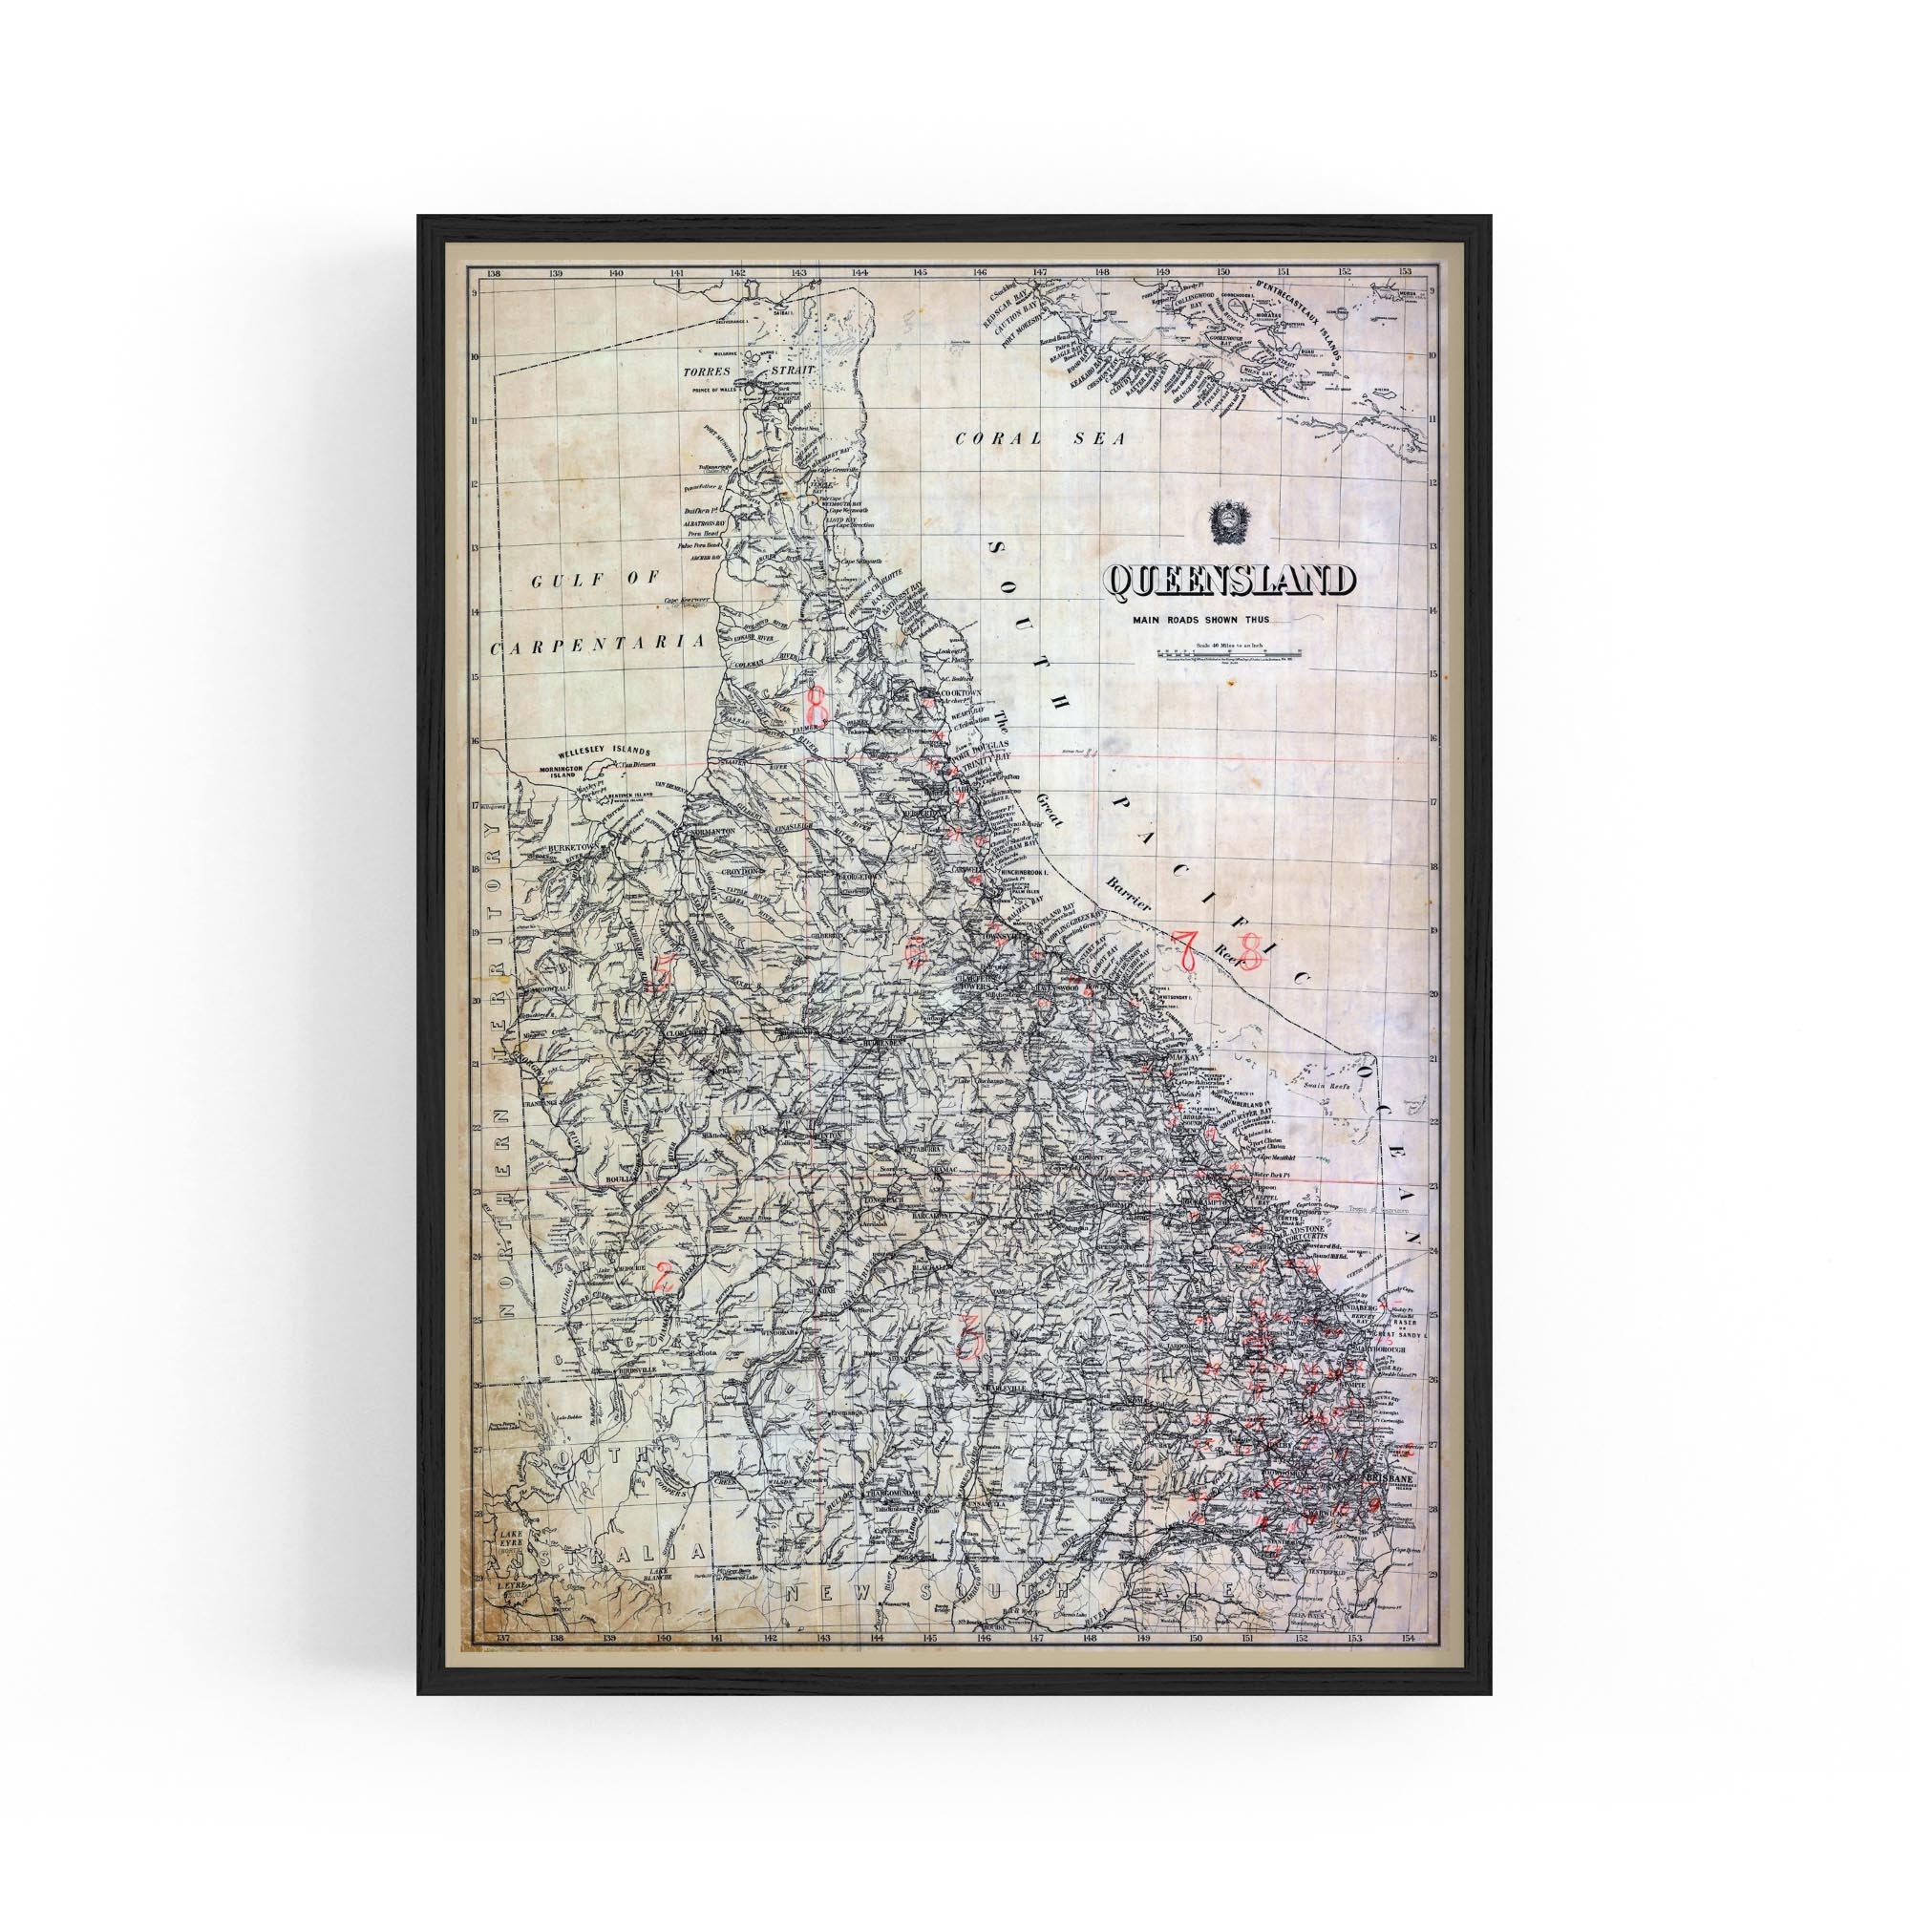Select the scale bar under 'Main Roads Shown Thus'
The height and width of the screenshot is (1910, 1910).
(1233, 653)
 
